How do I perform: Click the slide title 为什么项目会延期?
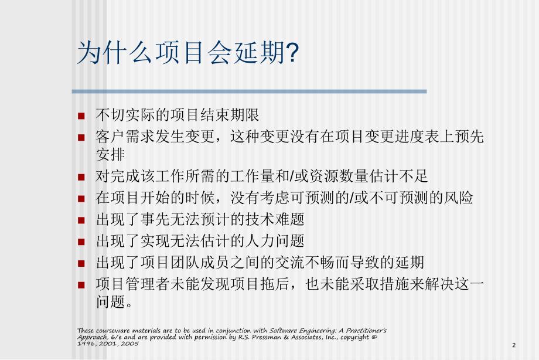click(188, 55)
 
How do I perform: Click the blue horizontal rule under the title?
click(249, 91)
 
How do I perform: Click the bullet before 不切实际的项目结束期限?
click(81, 115)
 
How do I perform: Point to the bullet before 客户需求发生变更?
click(81, 138)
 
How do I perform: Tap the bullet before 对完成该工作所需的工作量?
click(81, 176)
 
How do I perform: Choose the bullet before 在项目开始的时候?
click(81, 198)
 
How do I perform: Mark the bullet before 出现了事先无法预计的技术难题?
click(81, 220)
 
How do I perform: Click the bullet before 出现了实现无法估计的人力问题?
click(81, 242)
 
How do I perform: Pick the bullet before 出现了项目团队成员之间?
click(81, 263)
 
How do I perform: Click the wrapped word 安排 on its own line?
click(110, 155)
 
